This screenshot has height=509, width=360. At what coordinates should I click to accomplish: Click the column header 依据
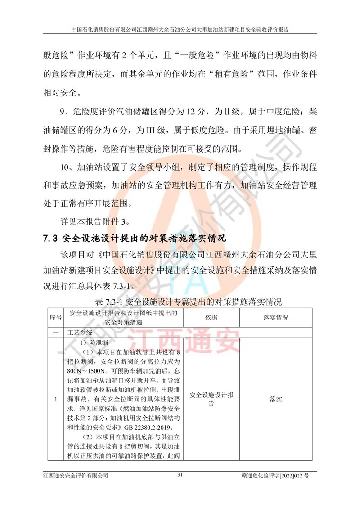click(211, 318)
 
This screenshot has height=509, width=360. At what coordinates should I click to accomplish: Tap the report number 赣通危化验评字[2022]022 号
click(279, 475)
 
